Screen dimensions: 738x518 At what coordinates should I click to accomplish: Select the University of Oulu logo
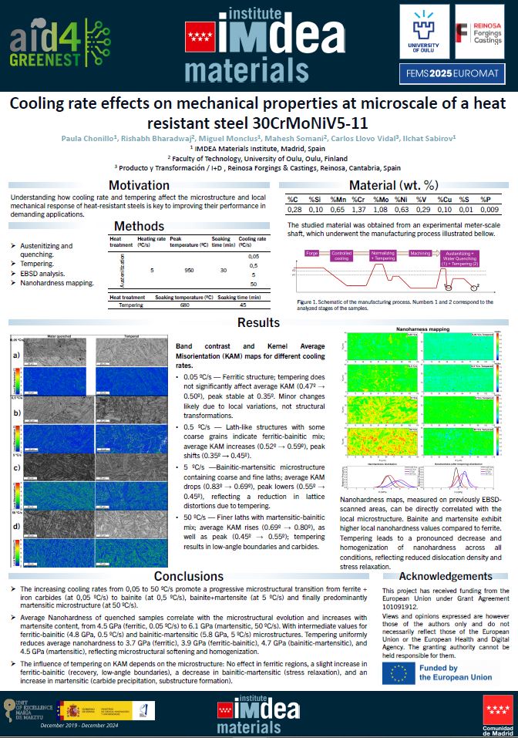click(424, 32)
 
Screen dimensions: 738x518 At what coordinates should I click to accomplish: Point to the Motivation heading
click(139, 185)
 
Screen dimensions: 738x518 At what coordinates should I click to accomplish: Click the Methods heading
click(139, 226)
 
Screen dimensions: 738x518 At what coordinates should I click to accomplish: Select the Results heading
click(258, 322)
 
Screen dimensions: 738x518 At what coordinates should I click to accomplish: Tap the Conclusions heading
click(189, 577)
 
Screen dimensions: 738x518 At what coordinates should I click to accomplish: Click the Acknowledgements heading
click(446, 576)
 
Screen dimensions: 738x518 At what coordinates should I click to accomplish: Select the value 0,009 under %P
click(489, 209)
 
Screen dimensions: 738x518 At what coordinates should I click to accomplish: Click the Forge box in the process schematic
click(312, 253)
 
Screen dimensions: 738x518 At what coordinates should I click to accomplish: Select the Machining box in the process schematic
click(420, 253)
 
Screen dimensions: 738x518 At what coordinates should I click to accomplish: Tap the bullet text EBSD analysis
click(46, 273)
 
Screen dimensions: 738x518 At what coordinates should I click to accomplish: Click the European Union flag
click(401, 672)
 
